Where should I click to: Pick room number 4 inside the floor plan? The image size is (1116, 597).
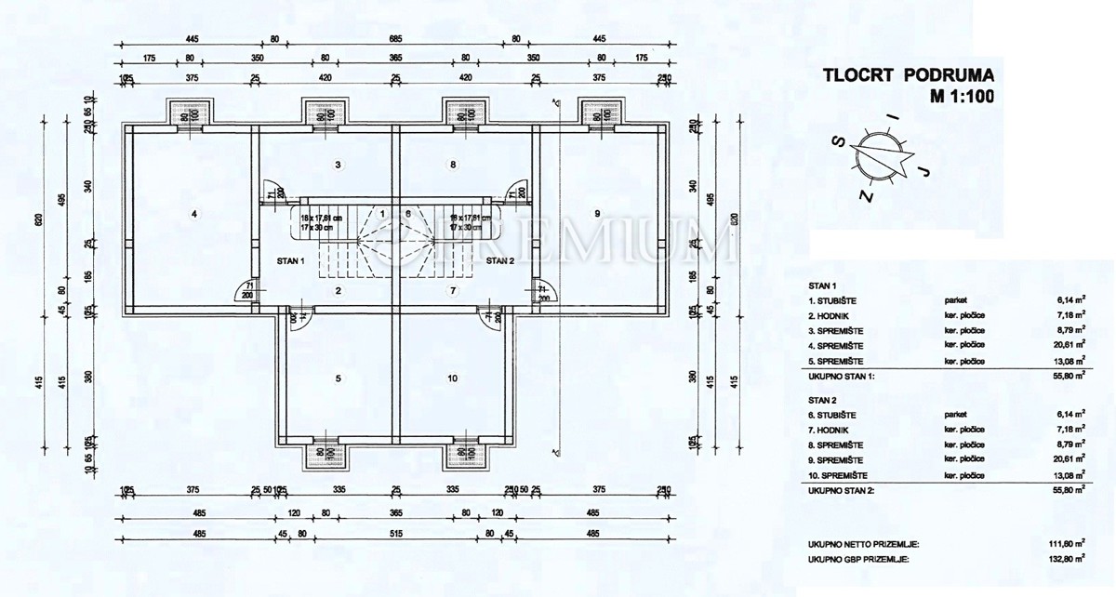tap(193, 214)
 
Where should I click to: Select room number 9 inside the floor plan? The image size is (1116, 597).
tap(597, 214)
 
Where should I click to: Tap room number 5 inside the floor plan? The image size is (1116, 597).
tap(339, 378)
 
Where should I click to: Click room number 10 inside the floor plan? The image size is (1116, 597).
tap(452, 378)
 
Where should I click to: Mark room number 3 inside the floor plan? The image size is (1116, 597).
tap(339, 165)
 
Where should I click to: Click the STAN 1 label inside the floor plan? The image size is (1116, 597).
tap(290, 261)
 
